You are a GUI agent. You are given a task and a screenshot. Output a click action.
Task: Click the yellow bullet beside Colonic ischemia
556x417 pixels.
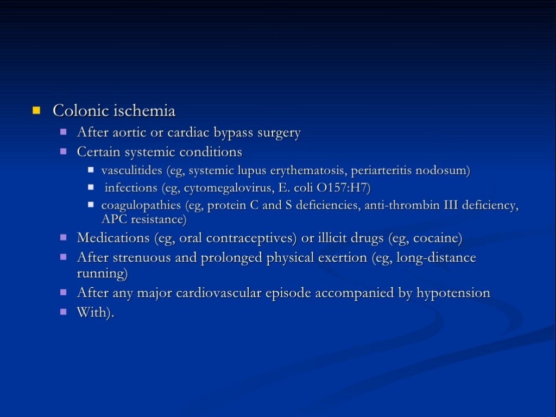pos(36,111)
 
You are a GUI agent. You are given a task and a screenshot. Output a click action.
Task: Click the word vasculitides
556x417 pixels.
pos(132,170)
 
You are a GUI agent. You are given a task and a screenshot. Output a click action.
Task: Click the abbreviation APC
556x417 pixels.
pos(113,219)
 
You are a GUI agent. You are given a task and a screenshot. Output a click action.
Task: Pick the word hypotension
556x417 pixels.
pos(453,293)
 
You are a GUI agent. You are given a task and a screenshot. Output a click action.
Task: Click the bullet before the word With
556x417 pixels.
pos(64,312)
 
